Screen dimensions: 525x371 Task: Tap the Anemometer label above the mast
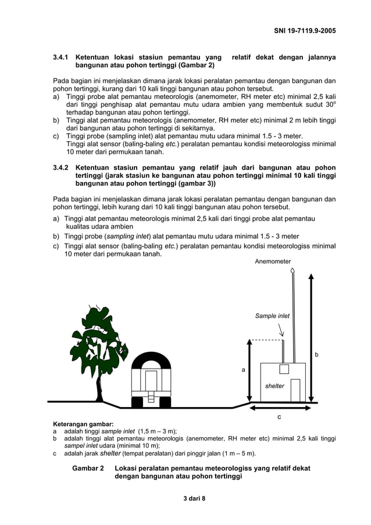[273, 262]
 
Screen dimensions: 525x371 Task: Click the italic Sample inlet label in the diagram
[272, 316]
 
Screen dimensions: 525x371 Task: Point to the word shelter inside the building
[274, 385]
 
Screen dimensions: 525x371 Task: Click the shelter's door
[295, 390]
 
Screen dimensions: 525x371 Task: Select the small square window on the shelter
[284, 369]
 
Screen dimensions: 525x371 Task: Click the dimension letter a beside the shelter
[244, 369]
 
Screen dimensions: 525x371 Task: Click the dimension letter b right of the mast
[317, 354]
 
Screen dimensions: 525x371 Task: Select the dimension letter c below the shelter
[279, 417]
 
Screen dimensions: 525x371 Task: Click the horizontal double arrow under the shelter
[279, 408]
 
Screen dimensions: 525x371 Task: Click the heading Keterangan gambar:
[83, 424]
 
